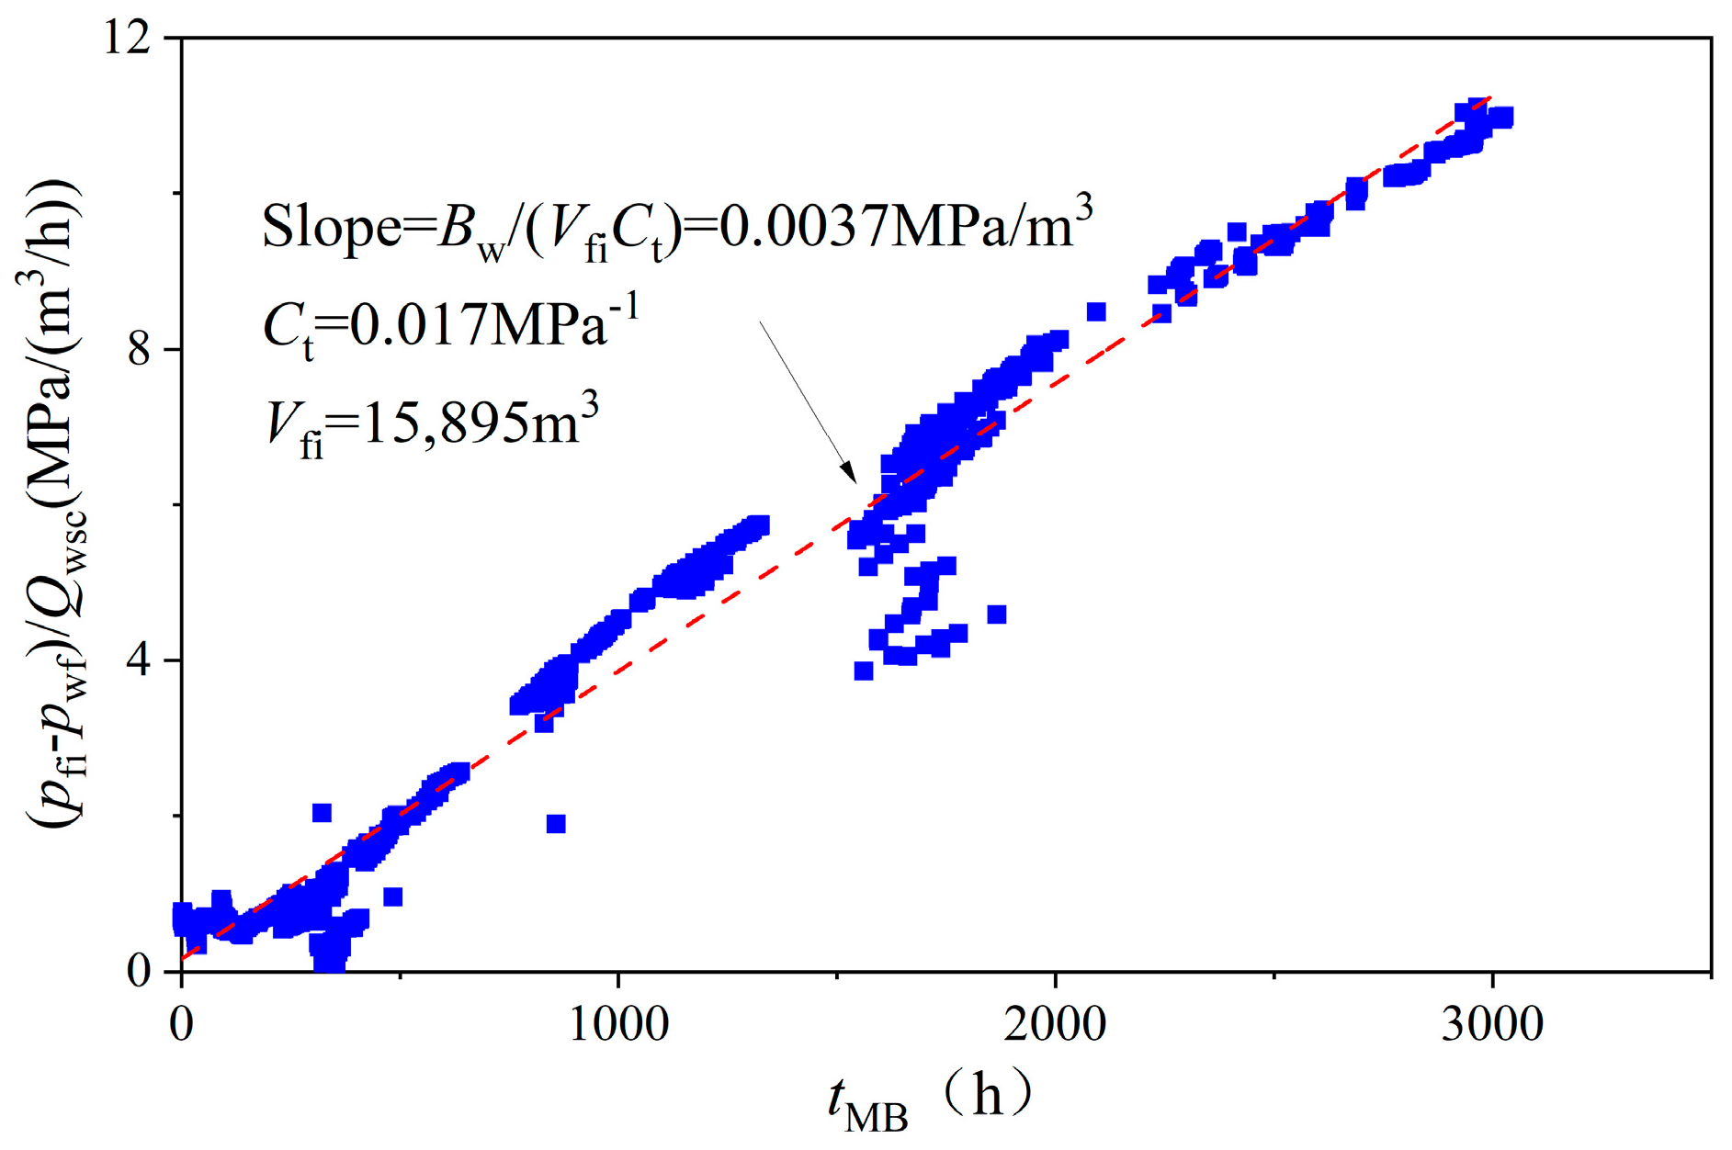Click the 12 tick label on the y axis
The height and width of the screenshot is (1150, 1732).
point(129,40)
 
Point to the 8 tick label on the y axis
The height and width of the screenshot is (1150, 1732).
point(140,350)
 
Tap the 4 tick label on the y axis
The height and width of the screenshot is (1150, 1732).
point(140,661)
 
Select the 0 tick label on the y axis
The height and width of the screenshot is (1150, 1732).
point(140,972)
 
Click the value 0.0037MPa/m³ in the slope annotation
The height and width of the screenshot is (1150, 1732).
point(905,226)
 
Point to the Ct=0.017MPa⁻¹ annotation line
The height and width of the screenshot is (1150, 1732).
point(450,326)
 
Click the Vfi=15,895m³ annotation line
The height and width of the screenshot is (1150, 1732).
point(432,425)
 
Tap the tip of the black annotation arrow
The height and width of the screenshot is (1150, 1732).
point(855,482)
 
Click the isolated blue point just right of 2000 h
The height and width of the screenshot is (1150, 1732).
point(1096,312)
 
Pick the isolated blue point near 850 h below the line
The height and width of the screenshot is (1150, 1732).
point(556,824)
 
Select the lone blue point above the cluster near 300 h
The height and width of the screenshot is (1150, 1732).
point(322,813)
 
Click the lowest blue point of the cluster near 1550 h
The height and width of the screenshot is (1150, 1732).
point(864,671)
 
